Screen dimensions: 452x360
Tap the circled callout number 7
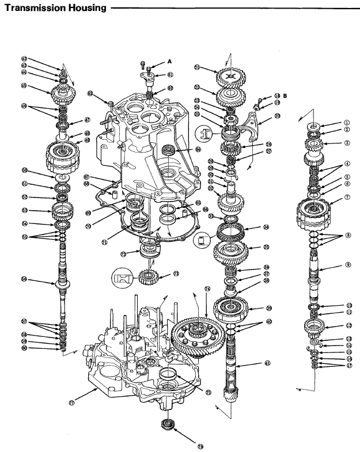click(x=347, y=196)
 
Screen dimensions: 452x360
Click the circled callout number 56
click(x=24, y=279)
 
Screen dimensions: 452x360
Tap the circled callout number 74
click(x=207, y=288)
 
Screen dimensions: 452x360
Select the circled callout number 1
click(x=347, y=123)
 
